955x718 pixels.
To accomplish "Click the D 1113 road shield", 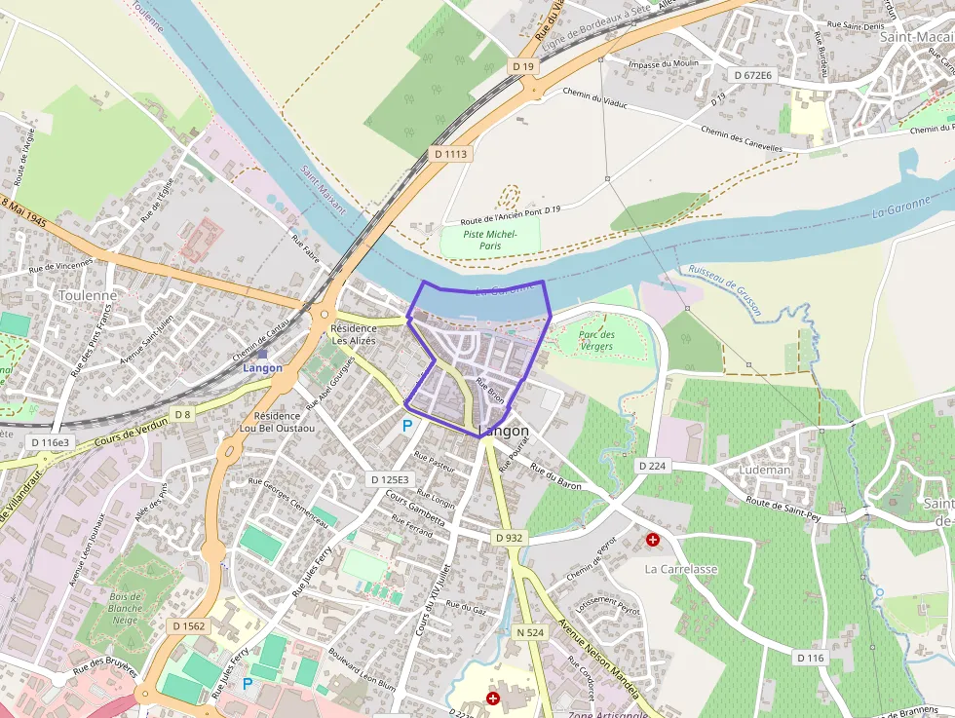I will (451, 154).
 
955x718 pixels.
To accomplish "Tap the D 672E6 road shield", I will (752, 75).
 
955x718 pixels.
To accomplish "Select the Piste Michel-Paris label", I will (489, 241).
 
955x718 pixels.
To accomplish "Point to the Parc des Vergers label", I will (595, 340).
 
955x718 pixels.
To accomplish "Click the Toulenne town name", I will (88, 295).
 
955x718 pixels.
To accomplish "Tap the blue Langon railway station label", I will (263, 368).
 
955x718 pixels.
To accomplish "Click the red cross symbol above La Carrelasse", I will (652, 539).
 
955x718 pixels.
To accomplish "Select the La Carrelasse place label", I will (681, 568).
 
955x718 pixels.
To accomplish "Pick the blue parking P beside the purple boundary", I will (407, 426).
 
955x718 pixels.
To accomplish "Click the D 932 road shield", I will (509, 538).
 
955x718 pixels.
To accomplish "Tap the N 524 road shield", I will (530, 632).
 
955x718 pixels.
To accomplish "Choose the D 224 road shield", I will (653, 467).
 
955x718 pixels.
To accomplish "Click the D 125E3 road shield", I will (390, 479).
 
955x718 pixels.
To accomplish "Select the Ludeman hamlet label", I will (765, 470).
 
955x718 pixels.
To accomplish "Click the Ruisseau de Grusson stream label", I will (723, 289).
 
